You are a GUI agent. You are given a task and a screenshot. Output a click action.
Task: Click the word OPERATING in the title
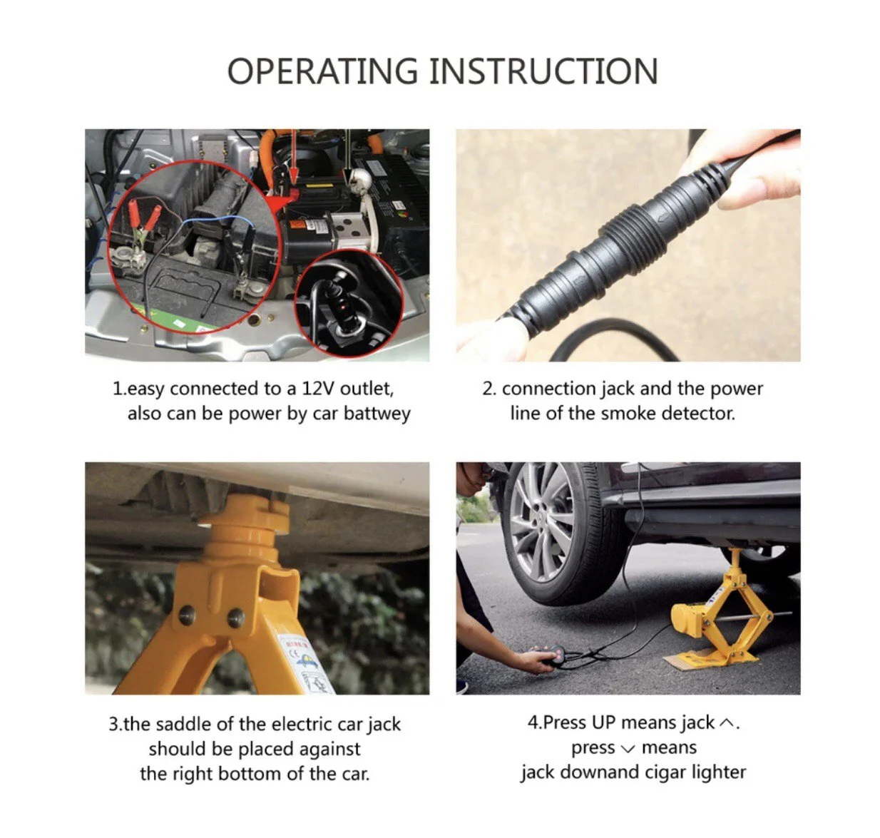coord(322,71)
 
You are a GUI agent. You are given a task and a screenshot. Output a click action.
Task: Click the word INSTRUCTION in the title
coord(543,71)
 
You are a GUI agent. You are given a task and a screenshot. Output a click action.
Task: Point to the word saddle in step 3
coord(183,724)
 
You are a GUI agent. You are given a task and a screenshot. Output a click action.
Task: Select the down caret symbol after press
coord(628,748)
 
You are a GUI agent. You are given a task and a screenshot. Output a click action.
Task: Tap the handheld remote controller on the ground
coord(550,655)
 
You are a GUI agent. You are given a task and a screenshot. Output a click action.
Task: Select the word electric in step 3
coord(302,724)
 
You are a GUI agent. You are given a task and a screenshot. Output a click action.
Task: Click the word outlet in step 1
coord(367,389)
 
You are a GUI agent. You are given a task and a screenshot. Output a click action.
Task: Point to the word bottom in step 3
coord(250,773)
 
